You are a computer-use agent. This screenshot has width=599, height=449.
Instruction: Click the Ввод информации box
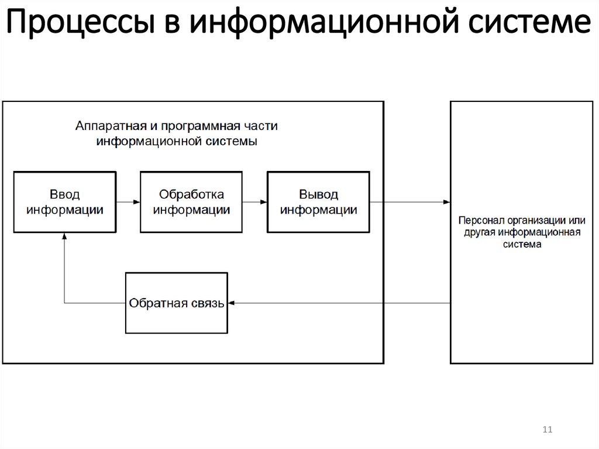[x=64, y=202]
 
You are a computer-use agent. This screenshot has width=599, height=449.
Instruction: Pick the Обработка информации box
[x=191, y=202]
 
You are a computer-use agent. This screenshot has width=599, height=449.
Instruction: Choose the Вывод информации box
[x=319, y=202]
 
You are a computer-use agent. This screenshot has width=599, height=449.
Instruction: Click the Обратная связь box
[x=177, y=303]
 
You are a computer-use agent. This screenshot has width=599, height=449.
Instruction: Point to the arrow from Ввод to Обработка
[x=128, y=202]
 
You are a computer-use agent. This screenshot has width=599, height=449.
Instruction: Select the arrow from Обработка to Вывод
[x=255, y=202]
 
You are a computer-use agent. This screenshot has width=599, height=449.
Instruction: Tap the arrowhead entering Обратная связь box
[x=232, y=303]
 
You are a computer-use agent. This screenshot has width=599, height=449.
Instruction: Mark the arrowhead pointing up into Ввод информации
[x=64, y=236]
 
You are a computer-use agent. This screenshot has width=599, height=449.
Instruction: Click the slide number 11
[x=548, y=430]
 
